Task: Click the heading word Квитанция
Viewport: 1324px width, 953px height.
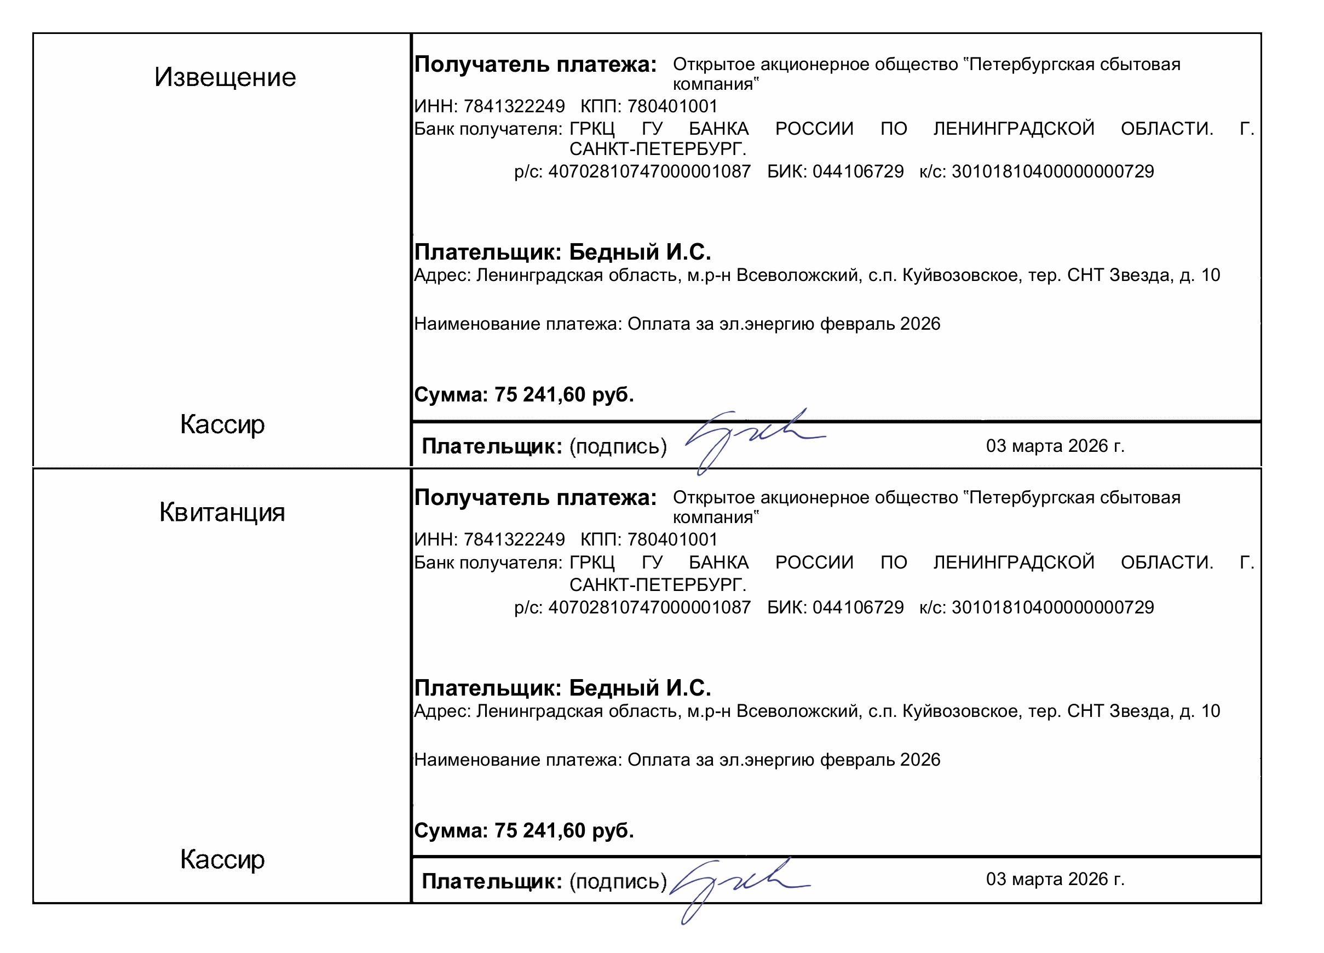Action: point(222,512)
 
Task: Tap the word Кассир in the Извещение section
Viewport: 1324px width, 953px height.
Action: point(222,424)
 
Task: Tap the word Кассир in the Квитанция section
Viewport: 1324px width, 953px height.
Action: point(222,859)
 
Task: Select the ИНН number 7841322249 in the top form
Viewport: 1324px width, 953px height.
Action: point(514,106)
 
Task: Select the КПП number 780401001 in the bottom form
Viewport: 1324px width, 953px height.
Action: point(672,539)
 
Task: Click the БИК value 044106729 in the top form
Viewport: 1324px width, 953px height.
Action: point(857,171)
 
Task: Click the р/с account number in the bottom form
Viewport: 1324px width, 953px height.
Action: point(649,607)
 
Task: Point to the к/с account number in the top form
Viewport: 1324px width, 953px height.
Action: point(1052,171)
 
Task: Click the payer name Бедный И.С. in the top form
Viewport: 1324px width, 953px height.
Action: point(640,252)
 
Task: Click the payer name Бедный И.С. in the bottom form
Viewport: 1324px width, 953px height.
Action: point(640,688)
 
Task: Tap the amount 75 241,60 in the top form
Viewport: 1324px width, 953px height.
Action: point(540,395)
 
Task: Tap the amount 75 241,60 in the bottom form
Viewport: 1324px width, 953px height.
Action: point(540,830)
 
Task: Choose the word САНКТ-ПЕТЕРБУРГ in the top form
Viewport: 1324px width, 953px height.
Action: point(657,150)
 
